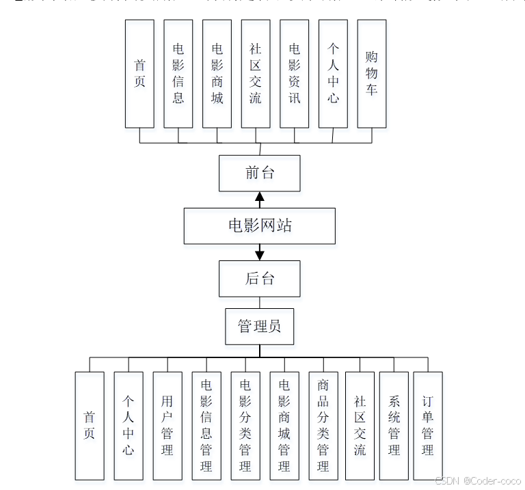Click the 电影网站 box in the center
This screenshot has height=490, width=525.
(260, 226)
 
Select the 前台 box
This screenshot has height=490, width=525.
(260, 173)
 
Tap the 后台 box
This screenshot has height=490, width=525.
(260, 278)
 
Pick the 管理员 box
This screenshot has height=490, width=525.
(260, 326)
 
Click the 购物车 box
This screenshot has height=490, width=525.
(372, 73)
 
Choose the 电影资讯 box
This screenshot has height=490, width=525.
(295, 73)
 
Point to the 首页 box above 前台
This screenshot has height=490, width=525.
(139, 73)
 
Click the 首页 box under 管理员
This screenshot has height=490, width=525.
(90, 425)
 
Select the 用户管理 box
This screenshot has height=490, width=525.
(167, 425)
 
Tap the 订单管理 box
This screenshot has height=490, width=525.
(428, 425)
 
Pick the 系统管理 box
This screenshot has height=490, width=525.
(394, 425)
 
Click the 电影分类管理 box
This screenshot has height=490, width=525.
(245, 425)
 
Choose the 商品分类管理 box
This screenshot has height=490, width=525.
(323, 425)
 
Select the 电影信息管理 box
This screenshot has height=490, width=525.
(206, 425)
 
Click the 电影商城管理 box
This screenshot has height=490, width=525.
(284, 425)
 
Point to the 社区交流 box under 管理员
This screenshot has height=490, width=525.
(360, 425)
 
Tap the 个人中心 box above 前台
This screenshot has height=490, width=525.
(333, 73)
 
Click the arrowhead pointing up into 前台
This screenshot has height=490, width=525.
(260, 197)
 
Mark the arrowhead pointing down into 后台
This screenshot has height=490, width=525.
(260, 255)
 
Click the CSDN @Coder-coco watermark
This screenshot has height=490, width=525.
(478, 480)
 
